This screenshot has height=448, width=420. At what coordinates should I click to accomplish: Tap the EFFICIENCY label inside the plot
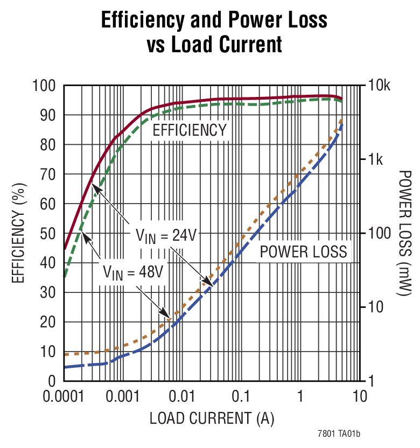190,130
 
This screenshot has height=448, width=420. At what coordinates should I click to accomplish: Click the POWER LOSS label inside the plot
304,251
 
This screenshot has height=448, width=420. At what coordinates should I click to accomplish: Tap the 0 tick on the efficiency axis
53,381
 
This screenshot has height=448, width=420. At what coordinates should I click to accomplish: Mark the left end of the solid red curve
65,249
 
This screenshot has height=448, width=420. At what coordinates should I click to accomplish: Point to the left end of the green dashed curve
65,277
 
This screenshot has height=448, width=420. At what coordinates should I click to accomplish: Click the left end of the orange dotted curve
65,354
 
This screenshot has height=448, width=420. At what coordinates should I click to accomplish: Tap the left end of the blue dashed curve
65,367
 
